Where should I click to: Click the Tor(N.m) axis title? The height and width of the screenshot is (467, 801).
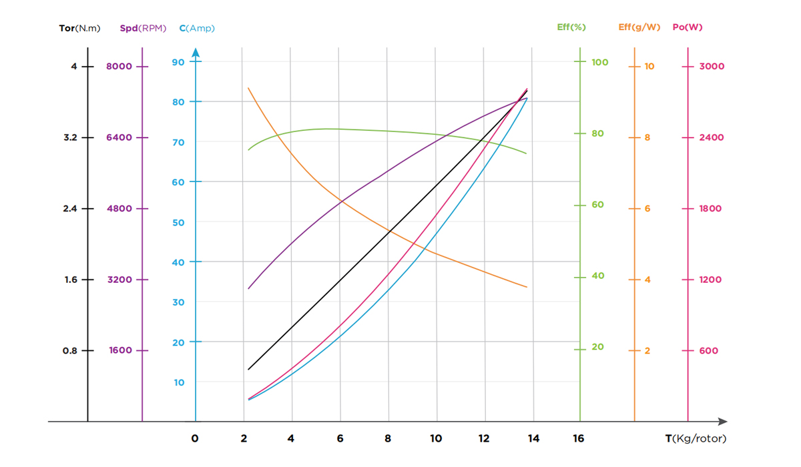[79, 28]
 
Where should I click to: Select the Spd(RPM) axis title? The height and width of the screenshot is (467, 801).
[143, 28]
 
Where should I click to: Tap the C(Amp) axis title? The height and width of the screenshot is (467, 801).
[197, 28]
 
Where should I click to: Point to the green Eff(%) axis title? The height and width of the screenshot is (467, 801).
[571, 27]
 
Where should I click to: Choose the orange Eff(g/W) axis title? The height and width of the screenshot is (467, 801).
[639, 27]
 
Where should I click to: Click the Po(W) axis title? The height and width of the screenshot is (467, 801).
[688, 27]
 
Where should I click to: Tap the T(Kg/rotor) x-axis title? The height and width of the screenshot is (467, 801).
[695, 439]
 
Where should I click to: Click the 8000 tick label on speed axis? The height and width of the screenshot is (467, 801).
[120, 66]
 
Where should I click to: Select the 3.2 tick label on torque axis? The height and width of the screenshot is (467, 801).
[70, 137]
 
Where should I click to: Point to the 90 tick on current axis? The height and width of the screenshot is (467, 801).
[178, 62]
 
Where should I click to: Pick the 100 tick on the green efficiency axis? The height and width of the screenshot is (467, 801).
[600, 62]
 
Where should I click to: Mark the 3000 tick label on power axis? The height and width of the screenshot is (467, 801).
[712, 66]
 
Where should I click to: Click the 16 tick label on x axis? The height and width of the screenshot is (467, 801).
[579, 439]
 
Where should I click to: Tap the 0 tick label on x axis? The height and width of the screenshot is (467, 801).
[195, 439]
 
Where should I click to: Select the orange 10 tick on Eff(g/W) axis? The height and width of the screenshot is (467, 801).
[649, 66]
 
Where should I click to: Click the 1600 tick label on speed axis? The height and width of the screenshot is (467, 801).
[120, 351]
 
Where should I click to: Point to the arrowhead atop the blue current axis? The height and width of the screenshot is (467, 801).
[196, 52]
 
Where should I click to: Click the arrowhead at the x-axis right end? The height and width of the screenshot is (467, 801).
[722, 422]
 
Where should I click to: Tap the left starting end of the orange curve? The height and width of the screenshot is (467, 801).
[248, 87]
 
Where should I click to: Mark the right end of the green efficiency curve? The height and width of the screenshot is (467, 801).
[527, 154]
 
